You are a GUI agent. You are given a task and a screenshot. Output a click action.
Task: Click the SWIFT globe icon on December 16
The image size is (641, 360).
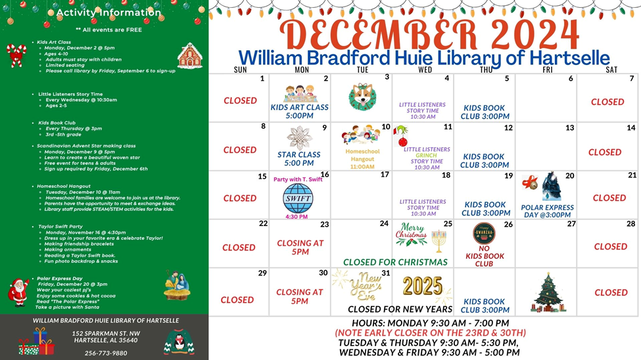(x=298, y=198)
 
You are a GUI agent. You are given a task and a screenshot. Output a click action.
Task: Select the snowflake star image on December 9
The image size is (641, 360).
(x=299, y=137)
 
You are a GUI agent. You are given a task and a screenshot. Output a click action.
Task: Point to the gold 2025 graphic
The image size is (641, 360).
(x=423, y=286)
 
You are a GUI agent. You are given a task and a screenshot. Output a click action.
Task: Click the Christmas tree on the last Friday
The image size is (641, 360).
(x=546, y=292)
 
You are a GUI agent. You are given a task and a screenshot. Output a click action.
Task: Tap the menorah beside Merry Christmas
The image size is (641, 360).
(x=439, y=240)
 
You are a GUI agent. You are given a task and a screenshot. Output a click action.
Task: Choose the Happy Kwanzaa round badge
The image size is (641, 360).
(x=484, y=233)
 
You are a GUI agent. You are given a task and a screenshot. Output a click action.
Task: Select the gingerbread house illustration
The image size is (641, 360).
(x=190, y=56)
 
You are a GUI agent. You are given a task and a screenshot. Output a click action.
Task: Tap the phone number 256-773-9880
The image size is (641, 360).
(x=106, y=353)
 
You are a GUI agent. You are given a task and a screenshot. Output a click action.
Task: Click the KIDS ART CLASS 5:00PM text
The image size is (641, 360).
(x=300, y=112)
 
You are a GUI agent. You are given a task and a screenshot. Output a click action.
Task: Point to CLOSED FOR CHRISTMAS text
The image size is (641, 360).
(x=395, y=262)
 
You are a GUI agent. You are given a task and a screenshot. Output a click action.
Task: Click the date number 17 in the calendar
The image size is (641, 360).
(x=385, y=175)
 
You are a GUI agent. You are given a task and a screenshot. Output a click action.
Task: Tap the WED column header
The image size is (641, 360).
(x=425, y=70)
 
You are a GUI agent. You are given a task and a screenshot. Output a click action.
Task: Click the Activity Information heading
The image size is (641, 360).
(x=108, y=12)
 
